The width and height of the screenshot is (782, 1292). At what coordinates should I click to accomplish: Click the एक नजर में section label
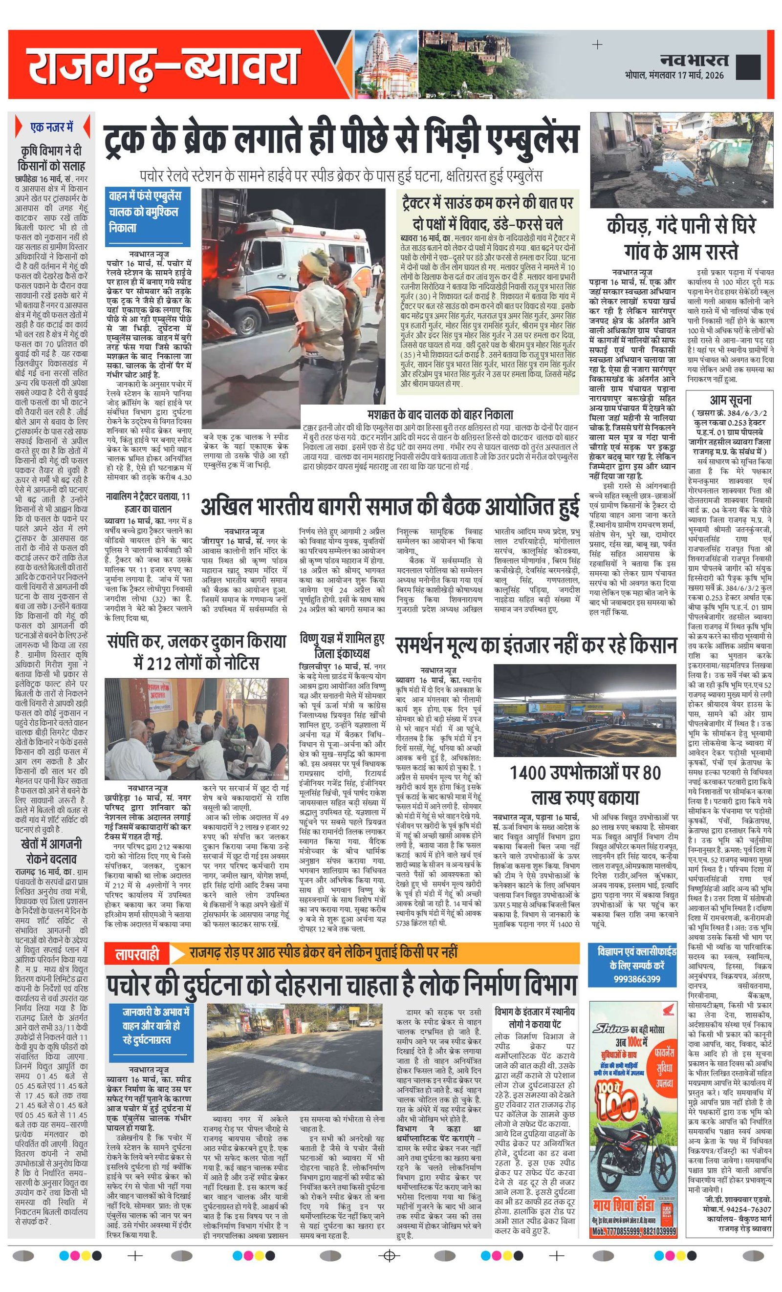pos(51,127)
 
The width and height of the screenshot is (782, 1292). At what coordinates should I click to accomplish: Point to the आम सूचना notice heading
pos(730,400)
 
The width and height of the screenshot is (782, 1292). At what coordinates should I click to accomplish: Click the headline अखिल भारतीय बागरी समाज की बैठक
pos(390,507)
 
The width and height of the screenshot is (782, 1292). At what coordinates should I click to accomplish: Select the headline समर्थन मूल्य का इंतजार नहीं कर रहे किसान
pos(536,646)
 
